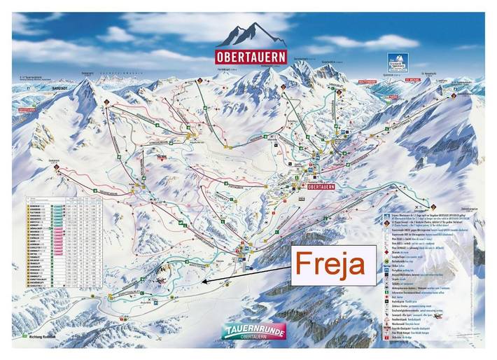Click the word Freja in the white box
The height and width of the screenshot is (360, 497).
[x=329, y=265]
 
